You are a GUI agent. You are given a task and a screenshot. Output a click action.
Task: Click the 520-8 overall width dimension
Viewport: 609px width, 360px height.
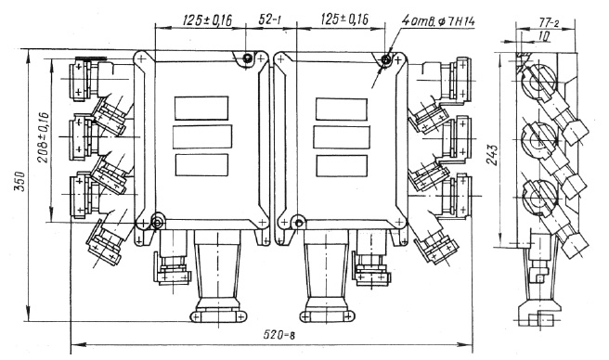click(279, 334)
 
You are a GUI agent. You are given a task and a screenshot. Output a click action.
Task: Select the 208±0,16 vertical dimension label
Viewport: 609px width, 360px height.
click(44, 137)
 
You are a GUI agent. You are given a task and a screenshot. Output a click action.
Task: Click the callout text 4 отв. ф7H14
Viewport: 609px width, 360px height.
click(438, 20)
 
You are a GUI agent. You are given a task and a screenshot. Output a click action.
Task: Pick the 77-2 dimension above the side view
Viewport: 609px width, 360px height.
click(549, 22)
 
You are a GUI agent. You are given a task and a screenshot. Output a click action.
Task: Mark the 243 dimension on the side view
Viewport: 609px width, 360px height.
click(493, 155)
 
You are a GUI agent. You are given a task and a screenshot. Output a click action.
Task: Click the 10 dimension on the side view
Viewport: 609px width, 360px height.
click(545, 36)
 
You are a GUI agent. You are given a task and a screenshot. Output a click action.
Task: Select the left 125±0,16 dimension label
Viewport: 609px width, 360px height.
click(207, 19)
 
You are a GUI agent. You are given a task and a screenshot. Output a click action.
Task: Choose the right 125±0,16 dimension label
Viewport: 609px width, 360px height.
click(344, 19)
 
